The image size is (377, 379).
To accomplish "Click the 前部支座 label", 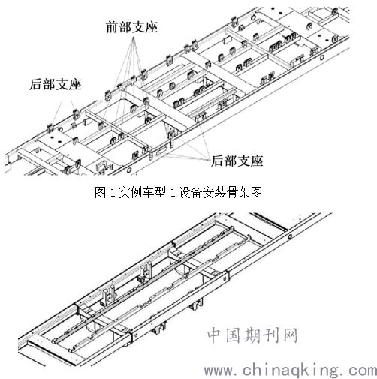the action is click(132, 27).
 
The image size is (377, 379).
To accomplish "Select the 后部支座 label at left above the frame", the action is click(56, 84).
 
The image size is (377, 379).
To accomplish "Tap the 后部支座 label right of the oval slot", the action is click(237, 161).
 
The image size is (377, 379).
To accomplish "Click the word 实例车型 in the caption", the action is click(142, 192).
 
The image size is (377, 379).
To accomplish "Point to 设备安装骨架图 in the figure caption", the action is click(219, 192).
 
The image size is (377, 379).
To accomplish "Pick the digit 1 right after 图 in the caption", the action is click(113, 193).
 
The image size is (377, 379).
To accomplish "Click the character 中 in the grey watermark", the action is click(216, 335).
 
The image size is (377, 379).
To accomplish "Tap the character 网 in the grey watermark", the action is click(291, 335).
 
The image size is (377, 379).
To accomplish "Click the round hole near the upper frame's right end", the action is click(321, 58).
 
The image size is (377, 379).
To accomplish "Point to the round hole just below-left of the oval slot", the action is click(129, 170).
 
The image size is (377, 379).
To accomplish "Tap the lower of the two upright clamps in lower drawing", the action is click(109, 296).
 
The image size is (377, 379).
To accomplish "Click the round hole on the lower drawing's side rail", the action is click(290, 236).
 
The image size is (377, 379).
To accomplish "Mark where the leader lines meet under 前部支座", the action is click(134, 38).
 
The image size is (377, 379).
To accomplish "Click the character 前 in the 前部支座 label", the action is click(112, 27).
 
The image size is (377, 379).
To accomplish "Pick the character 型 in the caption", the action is click(160, 192).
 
